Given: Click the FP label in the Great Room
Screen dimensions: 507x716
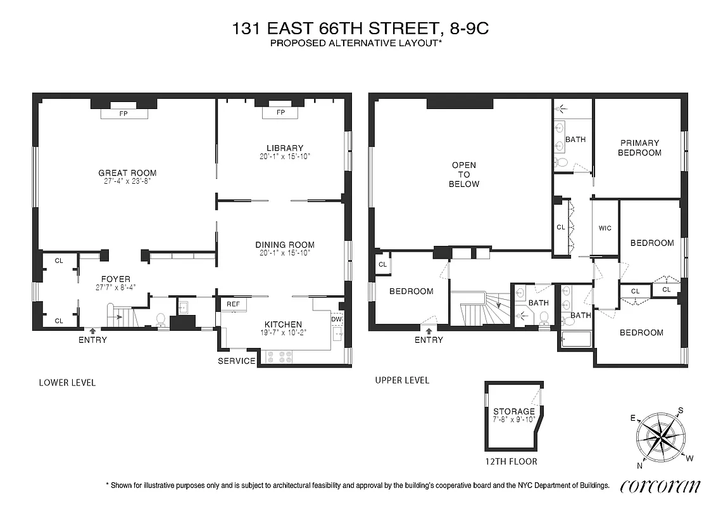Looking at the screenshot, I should [124, 114].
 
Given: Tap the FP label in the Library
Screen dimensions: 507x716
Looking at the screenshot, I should [280, 113].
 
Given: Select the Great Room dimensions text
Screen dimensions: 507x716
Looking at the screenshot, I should [127, 181].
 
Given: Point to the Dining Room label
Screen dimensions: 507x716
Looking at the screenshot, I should [284, 245].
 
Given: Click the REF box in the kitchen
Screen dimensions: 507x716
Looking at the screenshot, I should [232, 304].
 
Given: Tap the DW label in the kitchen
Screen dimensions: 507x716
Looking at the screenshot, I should [336, 319].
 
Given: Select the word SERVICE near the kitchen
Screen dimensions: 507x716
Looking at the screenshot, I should [237, 361].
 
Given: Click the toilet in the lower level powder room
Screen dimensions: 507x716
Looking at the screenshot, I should [161, 319].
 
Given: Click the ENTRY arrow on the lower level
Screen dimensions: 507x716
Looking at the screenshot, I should [93, 330].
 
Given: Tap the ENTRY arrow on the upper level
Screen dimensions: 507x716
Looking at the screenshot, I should [429, 330].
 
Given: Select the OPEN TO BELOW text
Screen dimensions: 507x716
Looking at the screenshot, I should [464, 174].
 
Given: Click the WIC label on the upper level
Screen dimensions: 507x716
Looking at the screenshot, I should [605, 228].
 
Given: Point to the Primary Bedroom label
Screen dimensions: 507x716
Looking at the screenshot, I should [639, 148].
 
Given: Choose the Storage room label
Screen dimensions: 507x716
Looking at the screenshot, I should [513, 411].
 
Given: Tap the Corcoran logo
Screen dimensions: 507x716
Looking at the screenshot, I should [660, 486].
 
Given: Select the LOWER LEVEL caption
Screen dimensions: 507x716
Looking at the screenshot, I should [67, 383].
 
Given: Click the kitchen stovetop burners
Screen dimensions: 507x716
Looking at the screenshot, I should [280, 357].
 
